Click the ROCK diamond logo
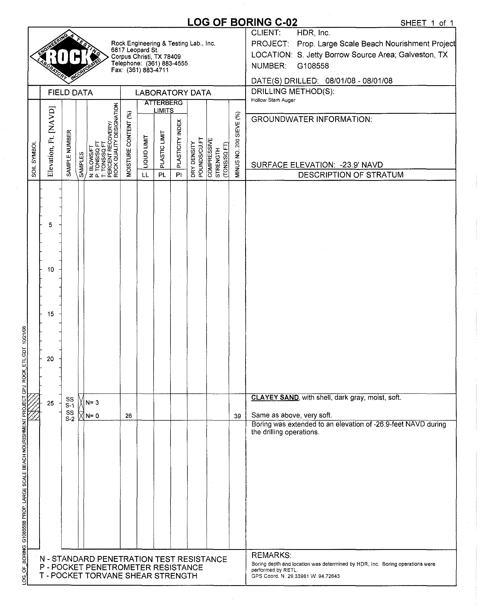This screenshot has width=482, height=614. (69, 57)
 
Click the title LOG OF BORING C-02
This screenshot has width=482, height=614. (242, 22)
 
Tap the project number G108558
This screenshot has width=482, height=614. (313, 66)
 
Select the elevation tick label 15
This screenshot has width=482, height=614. (51, 314)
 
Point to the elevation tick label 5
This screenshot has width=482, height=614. (51, 225)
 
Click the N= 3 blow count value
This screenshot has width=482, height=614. (92, 403)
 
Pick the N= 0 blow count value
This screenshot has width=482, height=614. (92, 416)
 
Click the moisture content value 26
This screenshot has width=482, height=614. (129, 416)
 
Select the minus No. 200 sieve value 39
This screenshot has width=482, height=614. (237, 416)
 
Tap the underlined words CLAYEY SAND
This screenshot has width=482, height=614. (275, 398)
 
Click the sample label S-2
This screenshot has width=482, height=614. (70, 419)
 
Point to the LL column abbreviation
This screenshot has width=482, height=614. (145, 175)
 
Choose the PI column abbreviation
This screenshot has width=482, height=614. (179, 175)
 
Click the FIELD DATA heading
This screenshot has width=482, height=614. (70, 93)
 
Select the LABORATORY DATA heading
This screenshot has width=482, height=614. (173, 93)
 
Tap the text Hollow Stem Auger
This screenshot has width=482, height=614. (273, 100)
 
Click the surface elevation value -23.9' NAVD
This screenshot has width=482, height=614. (361, 165)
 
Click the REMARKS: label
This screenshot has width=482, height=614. (271, 555)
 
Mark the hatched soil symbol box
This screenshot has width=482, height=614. (34, 406)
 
